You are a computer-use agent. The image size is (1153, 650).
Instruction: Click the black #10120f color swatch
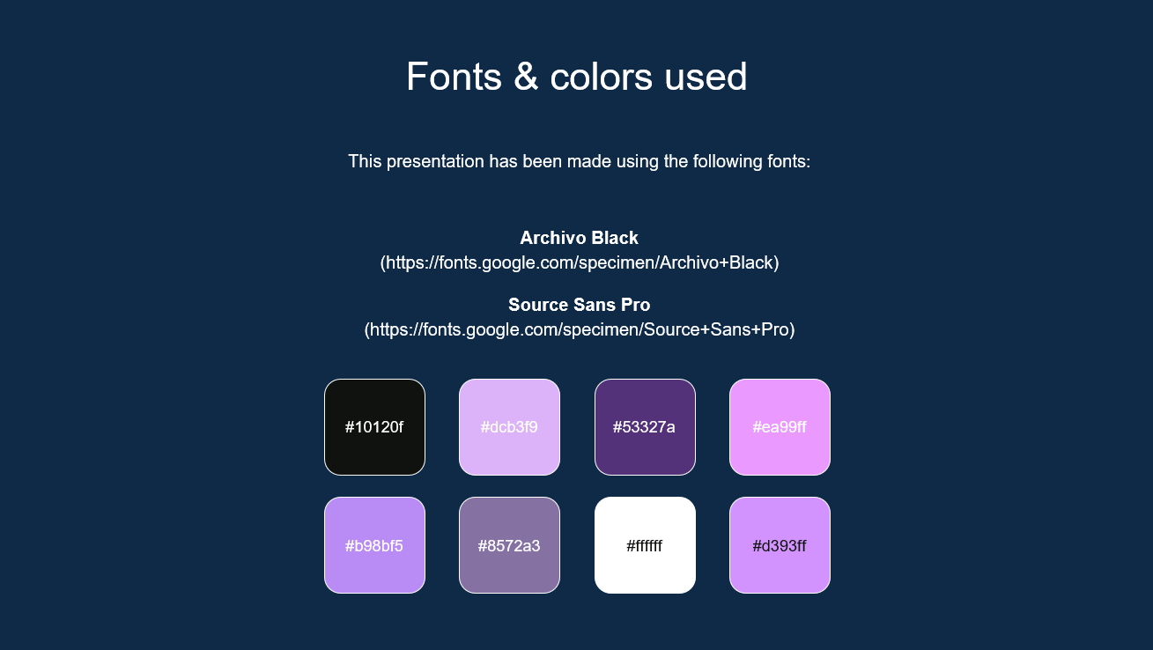[374, 427]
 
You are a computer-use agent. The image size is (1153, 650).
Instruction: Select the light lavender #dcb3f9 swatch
[509, 427]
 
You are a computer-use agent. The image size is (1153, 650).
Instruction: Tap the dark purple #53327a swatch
[645, 427]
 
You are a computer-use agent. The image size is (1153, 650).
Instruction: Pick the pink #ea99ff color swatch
[780, 427]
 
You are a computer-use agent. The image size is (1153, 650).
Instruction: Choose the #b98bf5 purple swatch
[374, 545]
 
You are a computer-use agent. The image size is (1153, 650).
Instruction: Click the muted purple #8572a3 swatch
[509, 545]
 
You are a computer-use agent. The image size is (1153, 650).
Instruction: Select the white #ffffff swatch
[645, 545]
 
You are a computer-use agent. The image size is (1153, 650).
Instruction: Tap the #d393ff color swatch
[780, 545]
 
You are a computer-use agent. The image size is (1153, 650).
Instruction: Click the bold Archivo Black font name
[579, 238]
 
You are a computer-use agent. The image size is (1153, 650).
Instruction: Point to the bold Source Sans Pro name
[579, 305]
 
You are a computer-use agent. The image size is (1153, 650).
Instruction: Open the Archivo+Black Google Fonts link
[579, 262]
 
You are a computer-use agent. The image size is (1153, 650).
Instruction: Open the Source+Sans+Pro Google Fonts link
[579, 329]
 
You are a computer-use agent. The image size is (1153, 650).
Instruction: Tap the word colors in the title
[601, 77]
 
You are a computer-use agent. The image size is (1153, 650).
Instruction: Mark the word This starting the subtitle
[365, 162]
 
